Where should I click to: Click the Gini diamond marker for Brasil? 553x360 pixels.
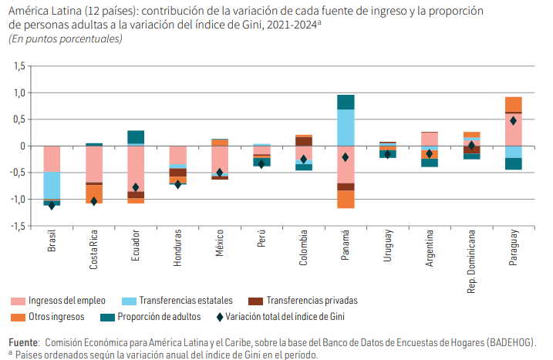pyautogui.click(x=52, y=205)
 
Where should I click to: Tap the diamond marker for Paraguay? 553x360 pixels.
pyautogui.click(x=513, y=120)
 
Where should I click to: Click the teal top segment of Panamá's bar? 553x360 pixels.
pyautogui.click(x=346, y=102)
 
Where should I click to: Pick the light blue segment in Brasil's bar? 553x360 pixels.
pyautogui.click(x=52, y=185)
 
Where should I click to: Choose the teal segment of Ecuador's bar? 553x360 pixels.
pyautogui.click(x=136, y=137)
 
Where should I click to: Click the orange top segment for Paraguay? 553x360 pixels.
pyautogui.click(x=513, y=104)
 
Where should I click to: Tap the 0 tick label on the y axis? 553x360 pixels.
pyautogui.click(x=22, y=146)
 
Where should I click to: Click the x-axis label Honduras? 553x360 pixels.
pyautogui.click(x=178, y=247)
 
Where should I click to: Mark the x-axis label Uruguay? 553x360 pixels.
pyautogui.click(x=387, y=246)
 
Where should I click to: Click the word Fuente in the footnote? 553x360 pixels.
pyautogui.click(x=22, y=341)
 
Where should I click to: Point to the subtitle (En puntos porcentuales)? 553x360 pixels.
pyautogui.click(x=66, y=39)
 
